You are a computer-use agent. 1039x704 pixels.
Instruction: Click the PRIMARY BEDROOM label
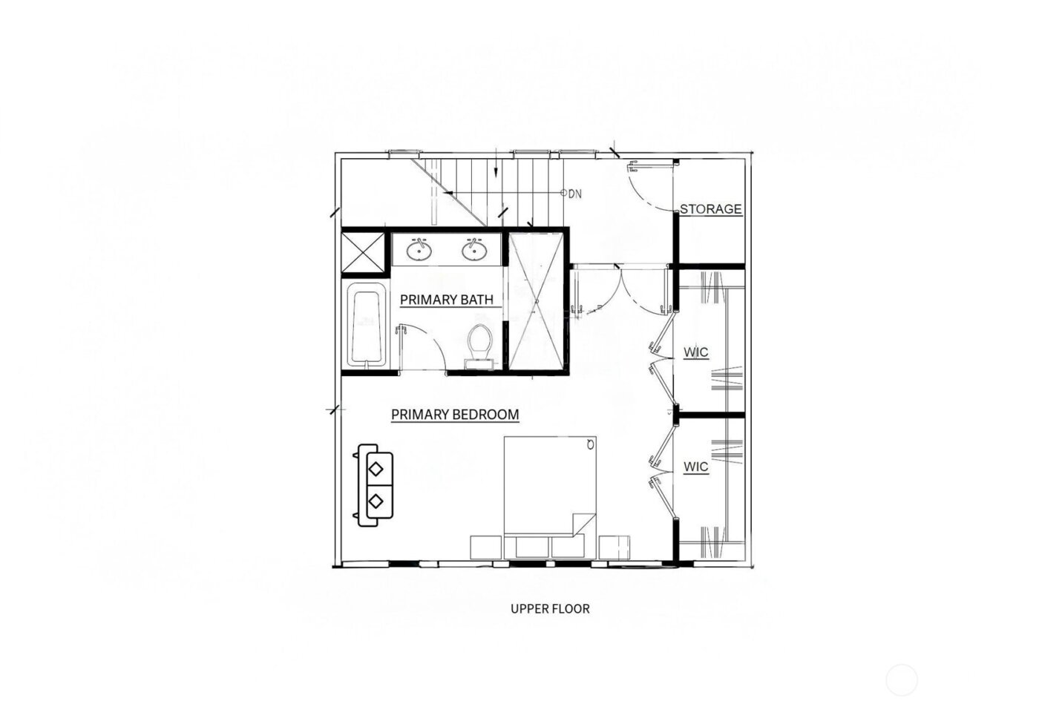click(x=454, y=414)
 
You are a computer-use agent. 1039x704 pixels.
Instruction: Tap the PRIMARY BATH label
click(x=446, y=300)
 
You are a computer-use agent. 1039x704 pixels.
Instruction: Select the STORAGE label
click(x=710, y=209)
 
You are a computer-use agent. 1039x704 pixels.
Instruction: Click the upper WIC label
click(x=695, y=352)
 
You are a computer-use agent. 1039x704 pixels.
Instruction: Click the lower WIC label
click(x=695, y=467)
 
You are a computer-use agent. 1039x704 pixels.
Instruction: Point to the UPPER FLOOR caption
click(x=550, y=609)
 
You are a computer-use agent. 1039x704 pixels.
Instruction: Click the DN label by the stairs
click(x=575, y=194)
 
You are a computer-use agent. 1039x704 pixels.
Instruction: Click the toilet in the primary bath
click(x=480, y=344)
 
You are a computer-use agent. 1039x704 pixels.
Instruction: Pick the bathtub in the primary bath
click(x=366, y=326)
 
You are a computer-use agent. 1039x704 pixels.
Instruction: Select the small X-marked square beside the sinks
click(x=363, y=252)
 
